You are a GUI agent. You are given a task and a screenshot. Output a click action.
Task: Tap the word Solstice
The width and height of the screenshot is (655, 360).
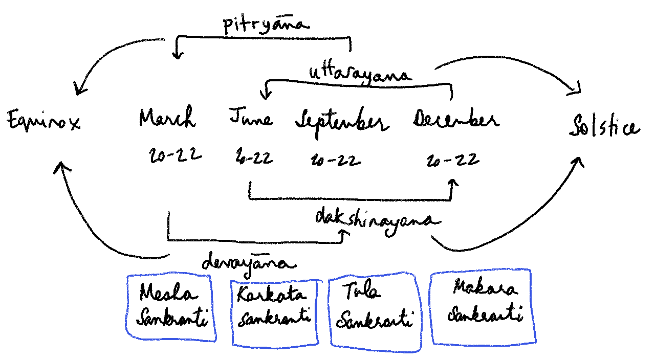[x=604, y=127]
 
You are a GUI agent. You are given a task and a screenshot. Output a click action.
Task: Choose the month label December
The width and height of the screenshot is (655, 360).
[x=455, y=121]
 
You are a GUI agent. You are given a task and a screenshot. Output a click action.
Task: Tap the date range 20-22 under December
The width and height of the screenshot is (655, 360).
[x=453, y=160]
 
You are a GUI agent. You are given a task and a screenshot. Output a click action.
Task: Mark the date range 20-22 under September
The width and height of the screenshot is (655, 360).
[x=335, y=161]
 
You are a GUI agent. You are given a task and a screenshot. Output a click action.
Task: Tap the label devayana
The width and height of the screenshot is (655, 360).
[x=249, y=263]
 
